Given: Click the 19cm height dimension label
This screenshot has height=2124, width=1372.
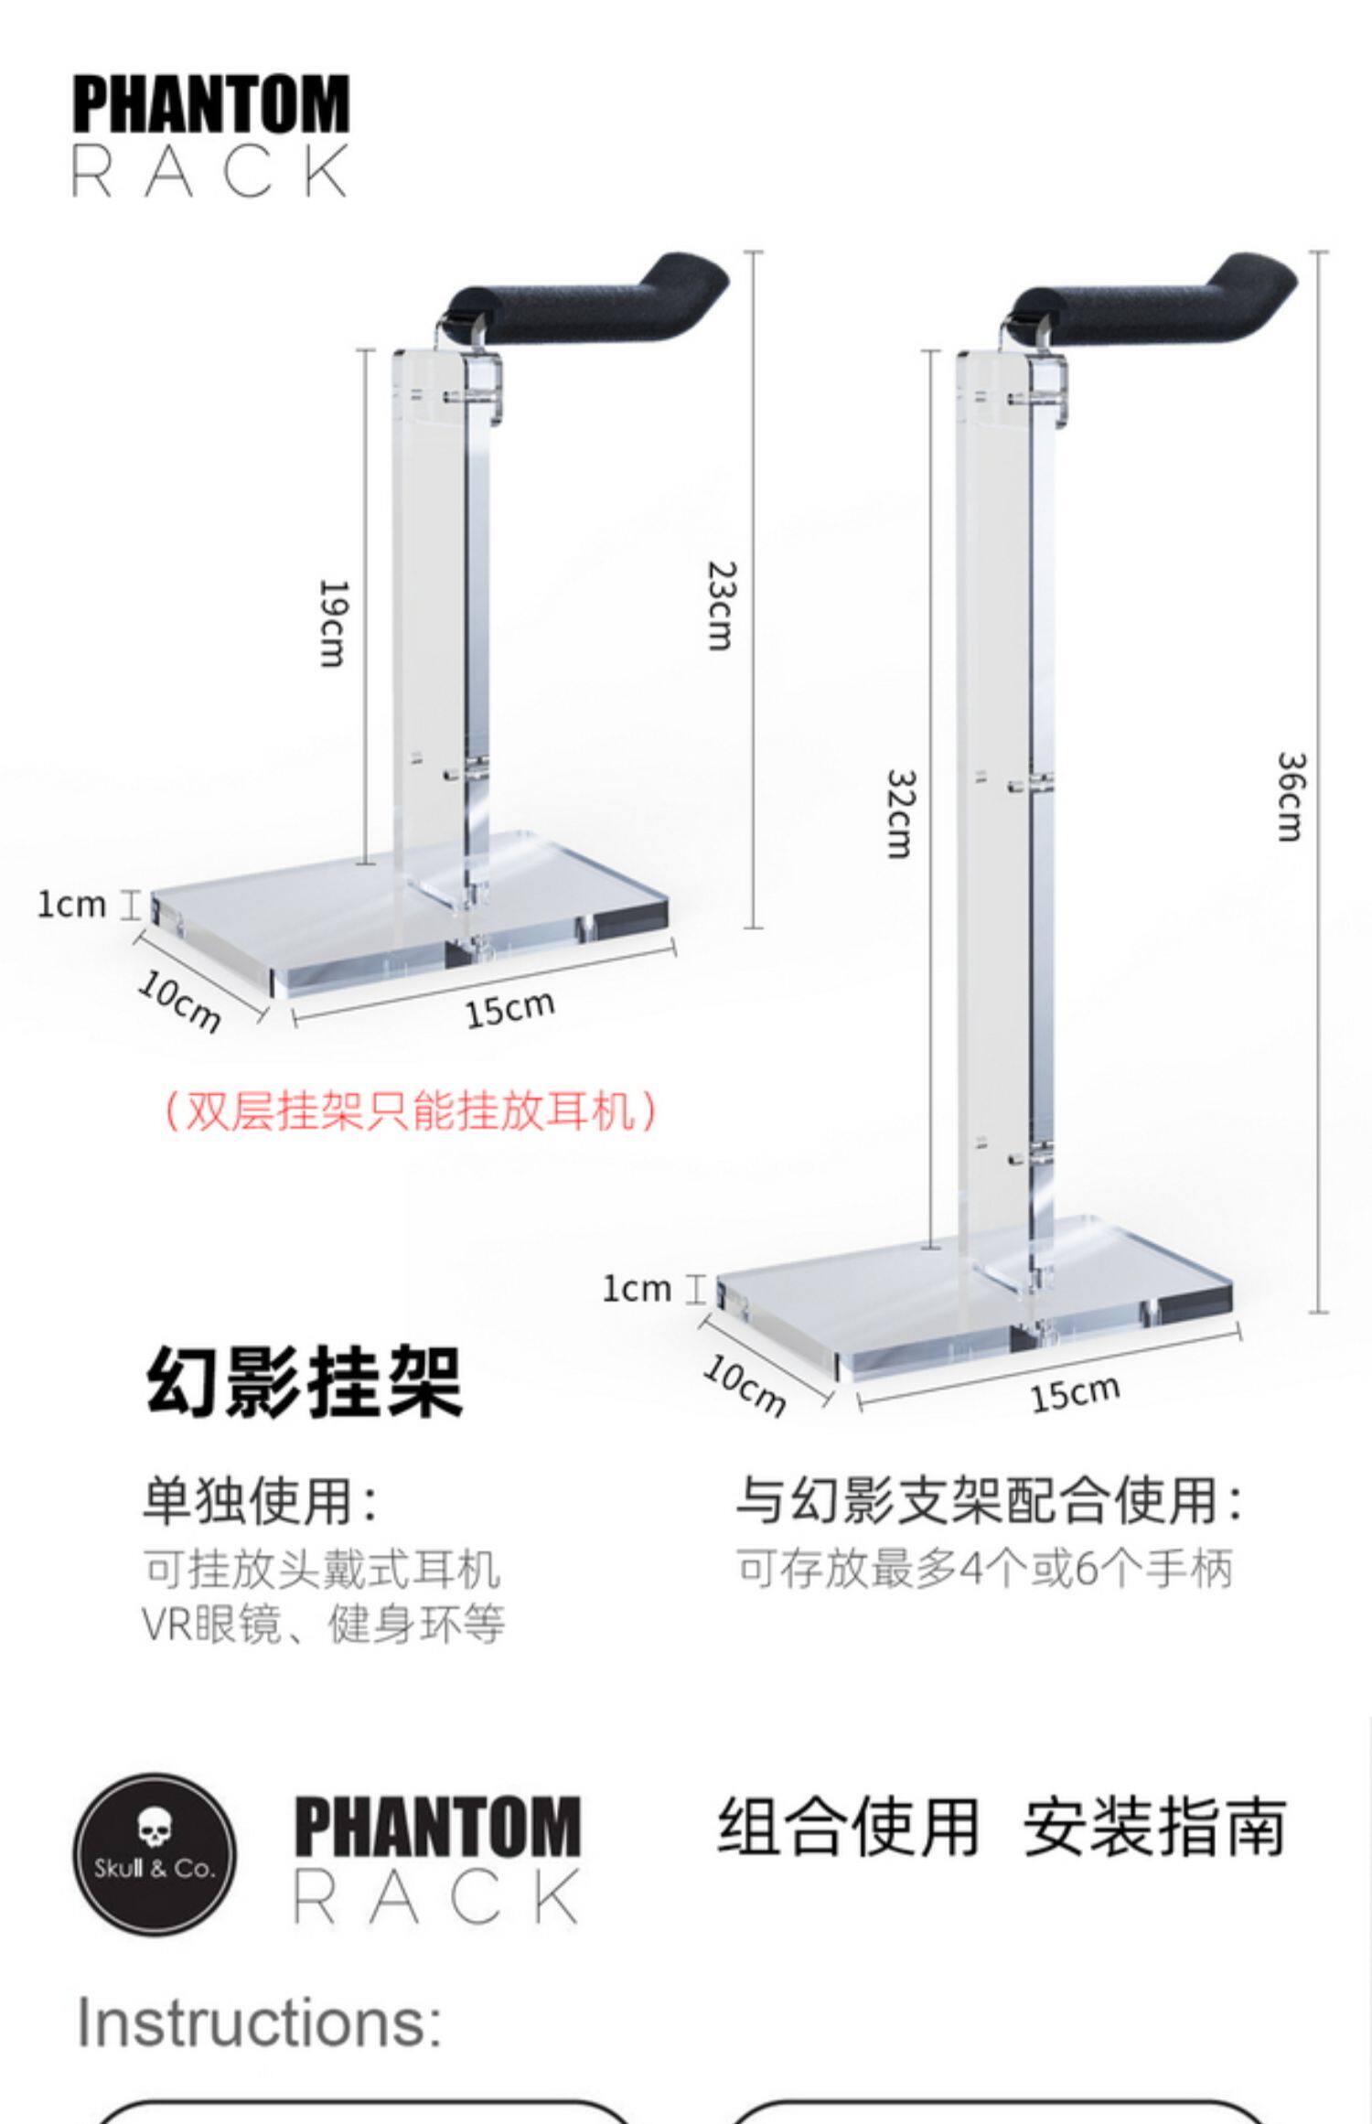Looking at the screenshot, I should [x=331, y=623].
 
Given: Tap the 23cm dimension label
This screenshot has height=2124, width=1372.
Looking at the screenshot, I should [x=721, y=605].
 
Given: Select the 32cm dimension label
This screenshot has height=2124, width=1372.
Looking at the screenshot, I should [x=900, y=813].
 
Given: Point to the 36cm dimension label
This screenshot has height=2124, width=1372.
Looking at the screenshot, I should [x=1290, y=796].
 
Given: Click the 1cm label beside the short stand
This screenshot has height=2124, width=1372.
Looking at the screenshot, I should [x=71, y=905].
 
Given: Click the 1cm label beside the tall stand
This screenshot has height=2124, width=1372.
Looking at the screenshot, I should [x=637, y=1289].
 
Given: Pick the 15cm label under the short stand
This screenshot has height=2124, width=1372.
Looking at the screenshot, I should [x=509, y=1008].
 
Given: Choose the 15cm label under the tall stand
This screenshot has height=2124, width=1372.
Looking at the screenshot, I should [x=1075, y=1393].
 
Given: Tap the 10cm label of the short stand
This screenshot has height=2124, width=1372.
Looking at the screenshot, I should [x=180, y=1001].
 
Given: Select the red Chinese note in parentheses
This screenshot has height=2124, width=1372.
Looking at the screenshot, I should [x=410, y=1111].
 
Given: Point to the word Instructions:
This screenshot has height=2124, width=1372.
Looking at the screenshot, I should [x=260, y=2022].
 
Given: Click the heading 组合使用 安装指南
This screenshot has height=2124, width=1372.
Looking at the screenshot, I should [x=1002, y=1829].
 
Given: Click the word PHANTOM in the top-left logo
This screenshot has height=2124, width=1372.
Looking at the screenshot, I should [x=210, y=105].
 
